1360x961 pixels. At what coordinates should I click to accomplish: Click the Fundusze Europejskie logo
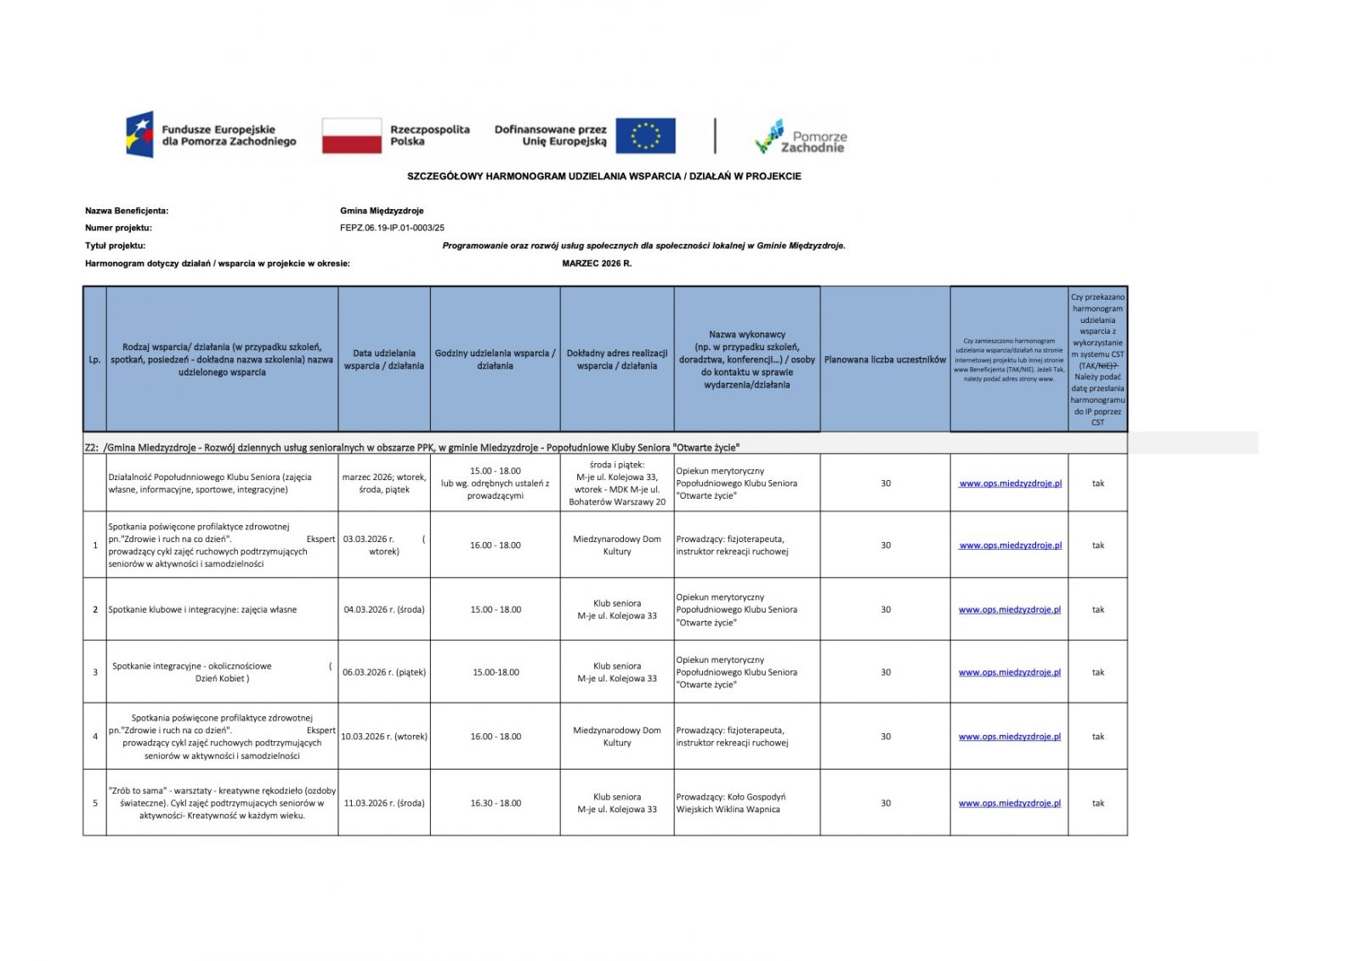pyautogui.click(x=212, y=135)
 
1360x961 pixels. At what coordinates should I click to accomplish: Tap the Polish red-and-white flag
pyautogui.click(x=351, y=136)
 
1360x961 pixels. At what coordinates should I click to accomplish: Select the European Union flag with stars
pyautogui.click(x=645, y=136)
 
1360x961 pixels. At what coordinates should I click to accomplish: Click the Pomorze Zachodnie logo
pyautogui.click(x=801, y=136)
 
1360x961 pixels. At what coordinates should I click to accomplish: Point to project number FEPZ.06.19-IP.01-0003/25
pyautogui.click(x=392, y=228)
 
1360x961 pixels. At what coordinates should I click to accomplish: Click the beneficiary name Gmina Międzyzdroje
pyautogui.click(x=382, y=211)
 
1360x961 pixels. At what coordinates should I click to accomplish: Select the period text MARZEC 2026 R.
pyautogui.click(x=597, y=263)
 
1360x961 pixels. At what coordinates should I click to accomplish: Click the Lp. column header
pyautogui.click(x=94, y=359)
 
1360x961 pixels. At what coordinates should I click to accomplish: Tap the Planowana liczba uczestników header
pyautogui.click(x=885, y=359)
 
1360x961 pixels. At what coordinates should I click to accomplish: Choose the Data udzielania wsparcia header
pyautogui.click(x=384, y=359)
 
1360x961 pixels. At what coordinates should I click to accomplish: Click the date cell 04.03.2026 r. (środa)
pyautogui.click(x=384, y=609)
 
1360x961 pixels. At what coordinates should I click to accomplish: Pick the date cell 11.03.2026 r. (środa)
pyautogui.click(x=384, y=803)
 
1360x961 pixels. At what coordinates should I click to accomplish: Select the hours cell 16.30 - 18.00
pyautogui.click(x=496, y=803)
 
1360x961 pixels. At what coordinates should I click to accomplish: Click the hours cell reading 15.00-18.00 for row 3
pyautogui.click(x=496, y=672)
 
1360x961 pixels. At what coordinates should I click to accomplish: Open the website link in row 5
pyautogui.click(x=1009, y=803)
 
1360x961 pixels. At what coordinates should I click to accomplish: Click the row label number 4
pyautogui.click(x=94, y=737)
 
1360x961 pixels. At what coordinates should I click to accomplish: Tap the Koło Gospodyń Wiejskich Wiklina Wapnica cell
pyautogui.click(x=746, y=803)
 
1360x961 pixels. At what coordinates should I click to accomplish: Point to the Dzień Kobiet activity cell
pyautogui.click(x=222, y=672)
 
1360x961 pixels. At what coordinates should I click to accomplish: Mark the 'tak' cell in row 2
pyautogui.click(x=1097, y=609)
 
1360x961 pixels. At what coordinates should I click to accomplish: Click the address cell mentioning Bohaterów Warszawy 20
pyautogui.click(x=617, y=483)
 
